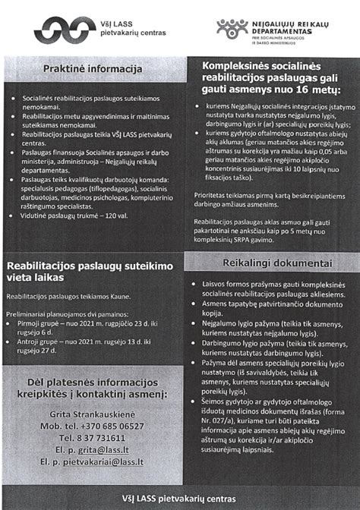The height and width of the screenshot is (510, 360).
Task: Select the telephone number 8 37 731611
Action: (x=93, y=438)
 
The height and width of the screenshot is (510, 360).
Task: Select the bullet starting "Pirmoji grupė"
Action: (x=87, y=326)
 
